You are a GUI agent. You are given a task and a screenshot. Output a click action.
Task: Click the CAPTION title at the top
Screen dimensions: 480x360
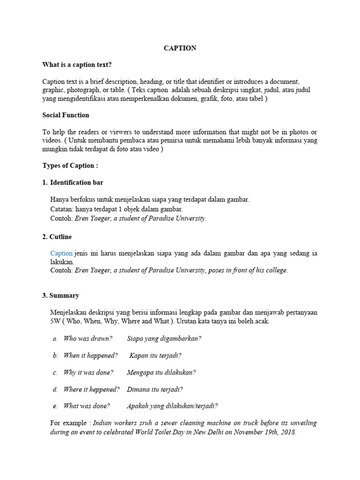[180, 48]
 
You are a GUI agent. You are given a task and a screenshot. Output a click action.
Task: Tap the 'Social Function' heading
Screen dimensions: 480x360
[66, 115]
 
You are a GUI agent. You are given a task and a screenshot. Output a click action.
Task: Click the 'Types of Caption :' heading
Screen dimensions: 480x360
[70, 165]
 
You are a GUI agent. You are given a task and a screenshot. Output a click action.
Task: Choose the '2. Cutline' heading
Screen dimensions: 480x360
[57, 237]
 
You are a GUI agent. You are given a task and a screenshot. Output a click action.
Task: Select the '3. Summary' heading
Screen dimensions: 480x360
[61, 296]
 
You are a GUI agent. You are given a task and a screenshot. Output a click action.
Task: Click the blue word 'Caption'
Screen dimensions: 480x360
[61, 253]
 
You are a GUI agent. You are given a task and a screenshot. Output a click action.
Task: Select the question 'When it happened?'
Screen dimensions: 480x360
[90, 355]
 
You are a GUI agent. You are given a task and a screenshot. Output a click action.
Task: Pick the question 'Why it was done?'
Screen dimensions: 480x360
[88, 372]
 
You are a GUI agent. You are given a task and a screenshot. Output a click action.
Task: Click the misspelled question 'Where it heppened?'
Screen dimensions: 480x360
[91, 389]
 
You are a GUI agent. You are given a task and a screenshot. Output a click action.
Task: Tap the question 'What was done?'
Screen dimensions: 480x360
[87, 406]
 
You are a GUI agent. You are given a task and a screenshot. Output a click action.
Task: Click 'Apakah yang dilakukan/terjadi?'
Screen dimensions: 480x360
[172, 406]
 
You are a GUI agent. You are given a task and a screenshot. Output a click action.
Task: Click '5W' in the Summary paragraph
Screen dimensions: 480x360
[55, 322]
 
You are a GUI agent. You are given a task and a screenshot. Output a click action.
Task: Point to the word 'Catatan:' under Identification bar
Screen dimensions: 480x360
[61, 209]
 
